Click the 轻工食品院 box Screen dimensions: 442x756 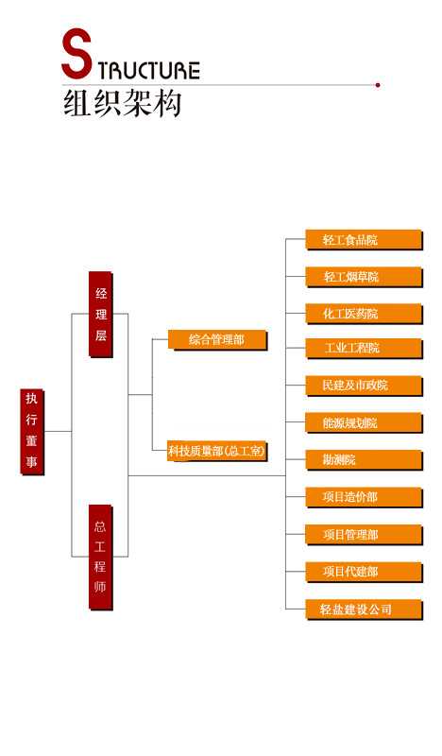[364, 240]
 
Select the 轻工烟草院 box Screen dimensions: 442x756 [364, 277]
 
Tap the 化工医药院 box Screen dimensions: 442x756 [364, 314]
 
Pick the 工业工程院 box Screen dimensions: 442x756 [364, 349]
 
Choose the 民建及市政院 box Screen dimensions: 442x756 [364, 386]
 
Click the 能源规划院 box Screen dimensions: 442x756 [364, 423]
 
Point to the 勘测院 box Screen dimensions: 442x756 [364, 460]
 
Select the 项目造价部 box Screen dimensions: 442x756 [364, 498]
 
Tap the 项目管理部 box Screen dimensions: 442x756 [364, 535]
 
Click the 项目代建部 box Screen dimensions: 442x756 [364, 573]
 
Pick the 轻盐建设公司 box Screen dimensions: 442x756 [364, 610]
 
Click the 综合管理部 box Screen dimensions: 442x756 [217, 340]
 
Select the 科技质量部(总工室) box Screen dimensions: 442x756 [217, 452]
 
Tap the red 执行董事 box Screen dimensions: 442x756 [32, 432]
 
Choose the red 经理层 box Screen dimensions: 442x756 [101, 315]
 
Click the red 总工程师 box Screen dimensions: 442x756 [101, 558]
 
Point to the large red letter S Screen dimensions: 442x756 [76, 53]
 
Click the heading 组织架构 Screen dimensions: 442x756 [123, 103]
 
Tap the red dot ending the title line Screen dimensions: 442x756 [378, 85]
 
